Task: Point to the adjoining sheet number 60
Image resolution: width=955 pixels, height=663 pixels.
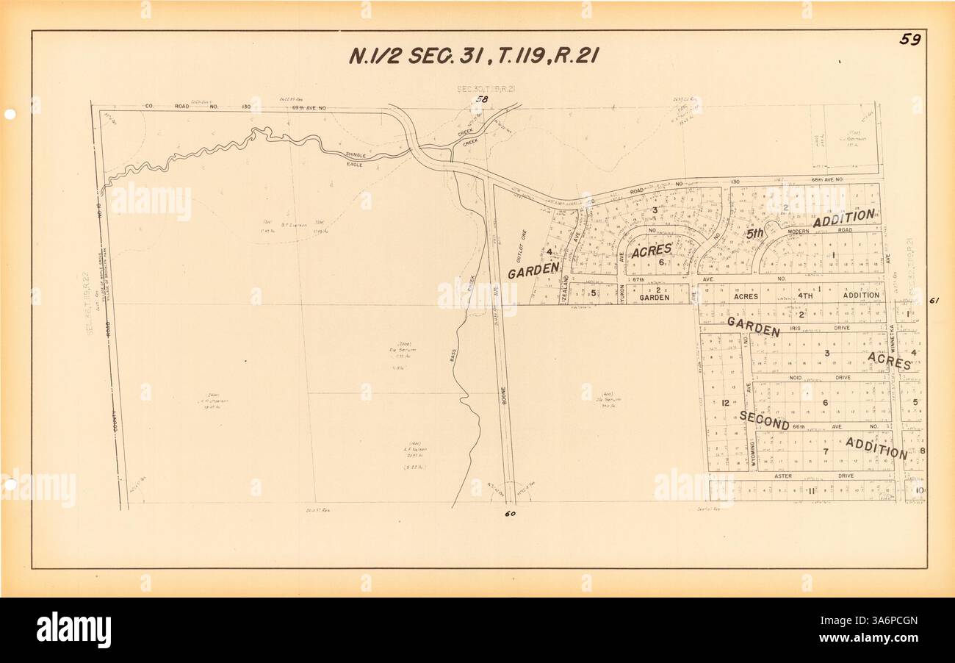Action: (511, 514)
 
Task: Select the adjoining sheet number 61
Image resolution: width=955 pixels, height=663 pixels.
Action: (934, 300)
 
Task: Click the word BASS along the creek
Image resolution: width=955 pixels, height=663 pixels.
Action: (453, 356)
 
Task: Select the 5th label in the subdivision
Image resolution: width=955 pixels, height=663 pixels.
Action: (755, 234)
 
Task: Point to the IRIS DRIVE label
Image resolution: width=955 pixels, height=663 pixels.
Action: (817, 328)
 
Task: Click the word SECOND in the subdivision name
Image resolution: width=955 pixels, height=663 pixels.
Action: (764, 420)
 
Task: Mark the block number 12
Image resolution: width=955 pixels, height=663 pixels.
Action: (724, 403)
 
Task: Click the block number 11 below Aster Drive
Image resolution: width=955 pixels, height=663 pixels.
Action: (812, 490)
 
